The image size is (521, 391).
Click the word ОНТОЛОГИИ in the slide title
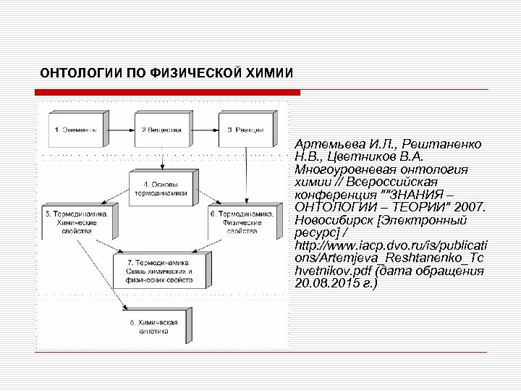point(72,74)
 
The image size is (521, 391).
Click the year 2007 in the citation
point(473,207)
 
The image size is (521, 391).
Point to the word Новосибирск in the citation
point(332,220)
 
